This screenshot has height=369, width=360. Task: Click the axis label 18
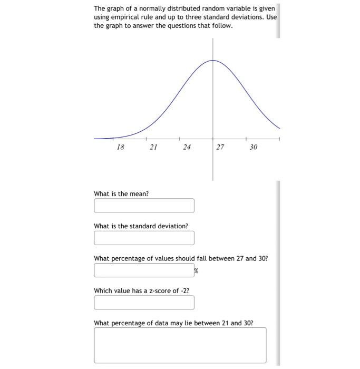[120, 148]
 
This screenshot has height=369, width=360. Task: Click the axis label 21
[153, 148]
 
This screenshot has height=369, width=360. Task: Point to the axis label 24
[187, 148]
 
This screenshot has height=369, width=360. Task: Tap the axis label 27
[220, 148]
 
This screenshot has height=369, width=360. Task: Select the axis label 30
[253, 148]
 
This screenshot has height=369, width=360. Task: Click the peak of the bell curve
[213, 61]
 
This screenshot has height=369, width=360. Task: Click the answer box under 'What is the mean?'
[144, 206]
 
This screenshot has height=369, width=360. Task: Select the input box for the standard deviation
[144, 238]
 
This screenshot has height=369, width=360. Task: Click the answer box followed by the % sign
[144, 270]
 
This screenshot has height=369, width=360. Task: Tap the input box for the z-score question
[144, 303]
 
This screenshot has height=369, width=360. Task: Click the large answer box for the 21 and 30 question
[180, 345]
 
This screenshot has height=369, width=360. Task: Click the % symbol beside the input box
[196, 271]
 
